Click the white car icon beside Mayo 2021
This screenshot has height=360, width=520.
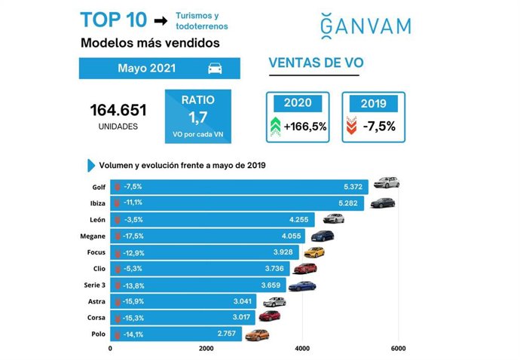tap(215, 69)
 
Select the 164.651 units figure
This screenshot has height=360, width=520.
tap(118, 110)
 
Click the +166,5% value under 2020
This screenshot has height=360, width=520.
tap(304, 126)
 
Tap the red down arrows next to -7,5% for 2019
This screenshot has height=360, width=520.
tap(350, 126)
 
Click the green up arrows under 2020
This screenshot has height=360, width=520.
tap(276, 126)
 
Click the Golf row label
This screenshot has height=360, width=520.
tap(97, 186)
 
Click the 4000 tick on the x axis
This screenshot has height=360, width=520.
tap(302, 349)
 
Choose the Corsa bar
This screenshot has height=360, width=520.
tap(184, 317)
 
